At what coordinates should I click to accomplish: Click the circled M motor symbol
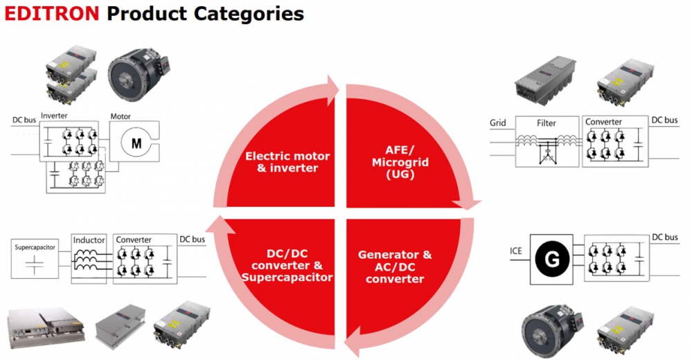[x=136, y=143]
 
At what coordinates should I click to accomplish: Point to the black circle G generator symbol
[x=552, y=260]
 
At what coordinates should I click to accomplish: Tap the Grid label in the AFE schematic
[x=498, y=123]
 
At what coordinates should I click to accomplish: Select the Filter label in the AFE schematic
[x=547, y=123]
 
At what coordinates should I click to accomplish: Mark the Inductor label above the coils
[x=89, y=240]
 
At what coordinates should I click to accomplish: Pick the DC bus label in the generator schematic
[x=664, y=237]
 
